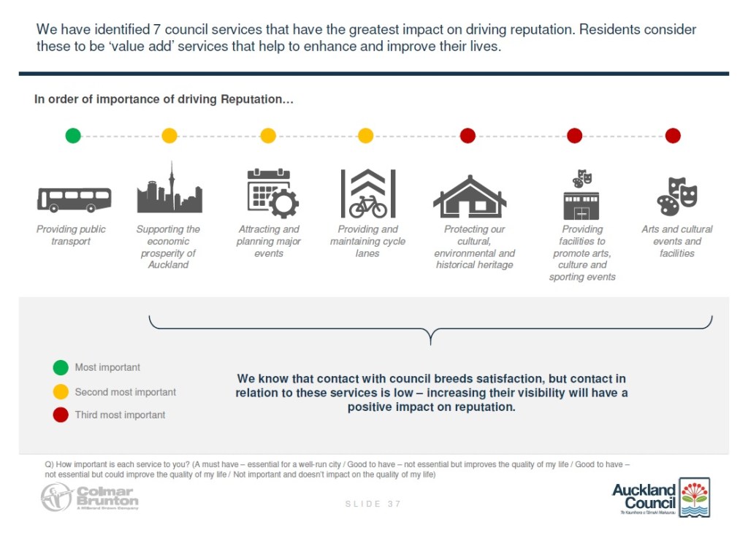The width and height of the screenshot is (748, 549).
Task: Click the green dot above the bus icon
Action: [x=73, y=135]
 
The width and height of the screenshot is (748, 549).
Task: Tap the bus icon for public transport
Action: [x=74, y=199]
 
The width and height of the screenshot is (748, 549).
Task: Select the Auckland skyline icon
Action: [x=169, y=189]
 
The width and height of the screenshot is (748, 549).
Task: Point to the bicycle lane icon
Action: [x=368, y=194]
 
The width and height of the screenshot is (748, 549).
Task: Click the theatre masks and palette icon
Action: [x=677, y=196]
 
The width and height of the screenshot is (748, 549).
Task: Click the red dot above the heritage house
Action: [x=468, y=135]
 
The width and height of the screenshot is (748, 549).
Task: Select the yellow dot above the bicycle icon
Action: [x=365, y=135]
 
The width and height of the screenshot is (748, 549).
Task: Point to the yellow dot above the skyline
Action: [x=169, y=135]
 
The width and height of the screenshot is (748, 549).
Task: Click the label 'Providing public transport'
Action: [x=71, y=235]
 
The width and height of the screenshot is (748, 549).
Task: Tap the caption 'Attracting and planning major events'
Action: [x=269, y=241]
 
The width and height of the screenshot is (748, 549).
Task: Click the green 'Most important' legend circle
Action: [x=61, y=367]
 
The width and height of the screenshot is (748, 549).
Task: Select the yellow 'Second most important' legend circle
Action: [x=61, y=392]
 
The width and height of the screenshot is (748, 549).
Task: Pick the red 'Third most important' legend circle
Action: [x=61, y=415]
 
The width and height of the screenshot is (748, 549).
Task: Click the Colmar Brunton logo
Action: [x=89, y=496]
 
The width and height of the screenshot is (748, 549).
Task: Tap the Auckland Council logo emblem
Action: [x=694, y=497]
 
